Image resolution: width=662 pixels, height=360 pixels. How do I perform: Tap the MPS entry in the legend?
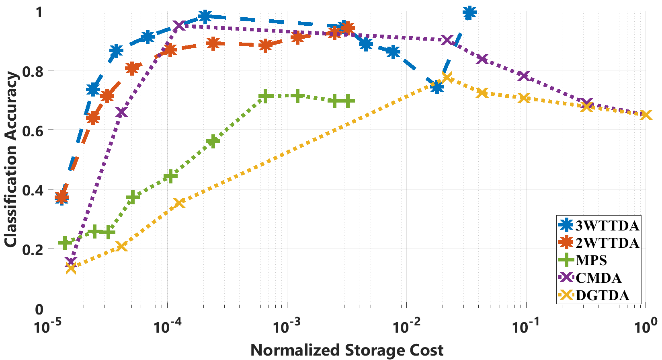point(591,260)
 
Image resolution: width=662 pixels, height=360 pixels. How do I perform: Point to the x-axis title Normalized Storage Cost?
point(347,350)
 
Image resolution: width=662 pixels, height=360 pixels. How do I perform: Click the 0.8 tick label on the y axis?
point(33,71)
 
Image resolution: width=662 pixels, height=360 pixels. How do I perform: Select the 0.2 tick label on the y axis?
point(33,249)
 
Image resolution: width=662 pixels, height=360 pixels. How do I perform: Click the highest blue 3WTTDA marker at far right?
point(469,13)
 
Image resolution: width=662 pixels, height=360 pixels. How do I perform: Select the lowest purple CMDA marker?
point(71,263)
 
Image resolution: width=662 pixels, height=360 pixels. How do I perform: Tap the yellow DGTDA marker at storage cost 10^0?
point(646,115)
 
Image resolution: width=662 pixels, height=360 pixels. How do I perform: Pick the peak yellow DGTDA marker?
point(447,78)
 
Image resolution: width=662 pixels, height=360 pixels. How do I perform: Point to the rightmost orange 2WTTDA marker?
point(347,28)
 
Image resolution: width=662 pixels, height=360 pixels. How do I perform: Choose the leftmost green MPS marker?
point(64,243)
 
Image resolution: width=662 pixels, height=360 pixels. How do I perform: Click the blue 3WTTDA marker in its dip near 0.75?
point(437,86)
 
